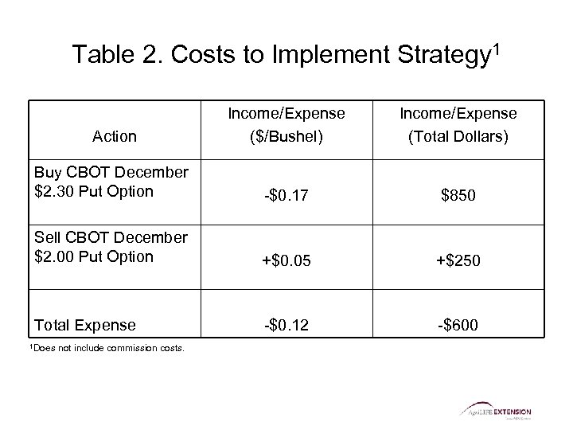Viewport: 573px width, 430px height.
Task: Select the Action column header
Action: coord(115,136)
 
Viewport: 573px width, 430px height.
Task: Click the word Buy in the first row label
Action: coord(45,173)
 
